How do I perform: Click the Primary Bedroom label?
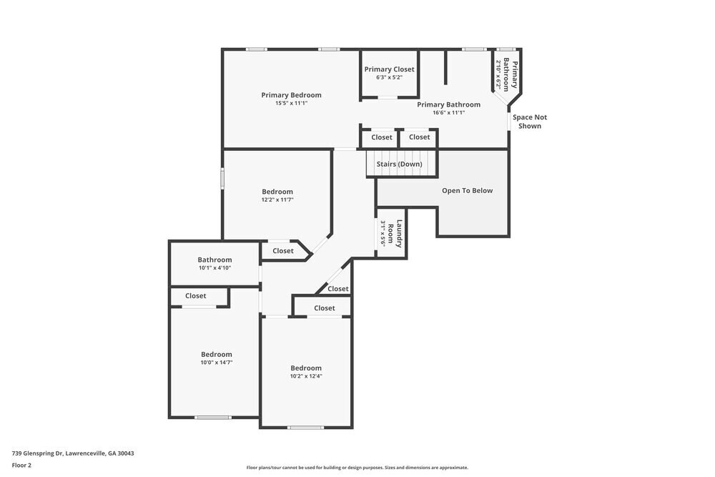pyautogui.click(x=291, y=95)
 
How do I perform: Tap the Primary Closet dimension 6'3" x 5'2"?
pyautogui.click(x=389, y=77)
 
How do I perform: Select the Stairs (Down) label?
pyautogui.click(x=399, y=164)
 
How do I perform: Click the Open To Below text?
pyautogui.click(x=467, y=191)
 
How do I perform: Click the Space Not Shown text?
pyautogui.click(x=530, y=122)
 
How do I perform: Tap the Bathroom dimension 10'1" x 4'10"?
pyautogui.click(x=214, y=268)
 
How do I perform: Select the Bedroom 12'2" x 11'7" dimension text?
pyautogui.click(x=277, y=200)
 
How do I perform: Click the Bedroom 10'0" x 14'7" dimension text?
pyautogui.click(x=216, y=363)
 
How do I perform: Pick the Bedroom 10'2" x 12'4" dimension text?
pyautogui.click(x=305, y=376)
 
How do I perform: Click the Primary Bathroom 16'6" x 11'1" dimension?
pyautogui.click(x=448, y=112)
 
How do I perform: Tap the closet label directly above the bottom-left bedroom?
pyautogui.click(x=195, y=296)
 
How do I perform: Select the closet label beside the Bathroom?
pyautogui.click(x=282, y=251)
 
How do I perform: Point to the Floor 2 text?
pyautogui.click(x=21, y=465)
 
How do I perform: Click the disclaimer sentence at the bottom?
pyautogui.click(x=357, y=468)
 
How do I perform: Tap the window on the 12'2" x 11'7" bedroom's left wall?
pyautogui.click(x=222, y=178)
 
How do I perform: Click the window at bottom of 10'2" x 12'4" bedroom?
pyautogui.click(x=305, y=428)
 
